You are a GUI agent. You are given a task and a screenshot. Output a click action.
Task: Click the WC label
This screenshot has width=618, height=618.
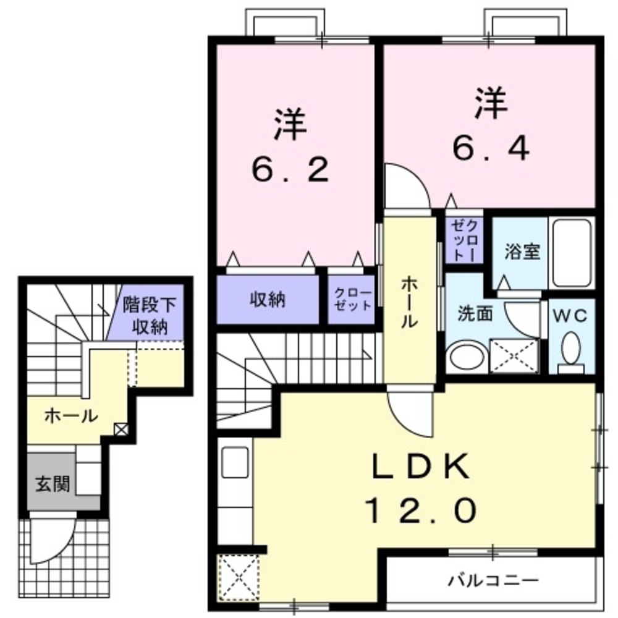click(572, 315)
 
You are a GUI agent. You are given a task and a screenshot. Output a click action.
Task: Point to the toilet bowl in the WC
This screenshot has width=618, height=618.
click(572, 350)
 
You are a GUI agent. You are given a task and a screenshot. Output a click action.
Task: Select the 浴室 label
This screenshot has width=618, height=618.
click(522, 252)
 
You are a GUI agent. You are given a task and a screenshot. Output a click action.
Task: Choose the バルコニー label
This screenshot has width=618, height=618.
click(494, 581)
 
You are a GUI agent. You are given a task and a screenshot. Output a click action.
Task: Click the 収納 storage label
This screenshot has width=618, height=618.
click(267, 300)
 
